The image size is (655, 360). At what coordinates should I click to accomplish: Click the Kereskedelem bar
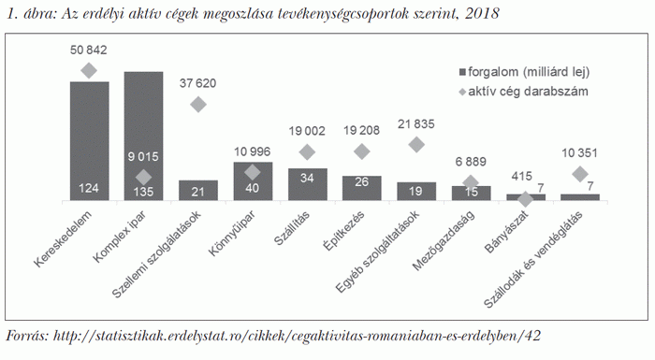(x=89, y=140)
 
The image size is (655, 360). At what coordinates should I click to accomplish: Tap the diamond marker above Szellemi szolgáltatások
(x=198, y=105)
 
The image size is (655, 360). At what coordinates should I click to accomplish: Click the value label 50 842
(x=89, y=50)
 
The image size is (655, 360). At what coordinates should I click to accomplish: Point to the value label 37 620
(x=197, y=83)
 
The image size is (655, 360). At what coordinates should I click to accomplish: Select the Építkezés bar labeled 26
(x=361, y=188)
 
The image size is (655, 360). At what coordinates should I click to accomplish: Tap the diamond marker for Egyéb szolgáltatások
(x=416, y=144)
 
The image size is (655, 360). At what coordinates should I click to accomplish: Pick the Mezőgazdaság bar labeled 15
(x=471, y=193)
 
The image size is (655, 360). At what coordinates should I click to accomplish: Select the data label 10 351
(x=580, y=152)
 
